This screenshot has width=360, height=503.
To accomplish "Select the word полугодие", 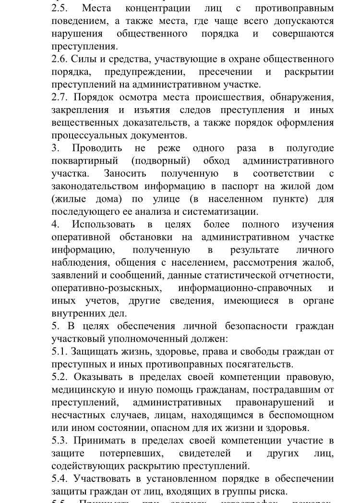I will tap(310, 148).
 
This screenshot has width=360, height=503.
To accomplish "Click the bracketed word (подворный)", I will tap(160, 160).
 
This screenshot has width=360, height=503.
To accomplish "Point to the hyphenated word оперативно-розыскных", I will tap(106, 288).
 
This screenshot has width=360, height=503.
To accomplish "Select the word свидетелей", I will tap(204, 453).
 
